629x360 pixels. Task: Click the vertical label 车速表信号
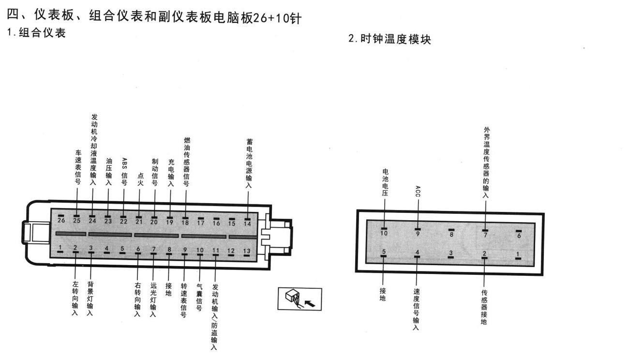point(78,167)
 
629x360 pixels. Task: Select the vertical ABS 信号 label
point(124,172)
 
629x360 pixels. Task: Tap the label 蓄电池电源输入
point(249,163)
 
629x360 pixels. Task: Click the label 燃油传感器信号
point(186,162)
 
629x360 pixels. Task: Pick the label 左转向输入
point(75,298)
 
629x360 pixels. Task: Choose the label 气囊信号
point(199,297)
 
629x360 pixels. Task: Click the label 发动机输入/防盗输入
point(215,317)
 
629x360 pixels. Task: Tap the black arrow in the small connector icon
point(310,303)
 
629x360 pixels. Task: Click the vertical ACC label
point(418,191)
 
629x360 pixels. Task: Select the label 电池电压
point(385,182)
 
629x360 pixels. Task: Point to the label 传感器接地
point(484,307)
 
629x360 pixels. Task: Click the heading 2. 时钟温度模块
point(390,39)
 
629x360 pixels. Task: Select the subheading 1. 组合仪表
point(36,32)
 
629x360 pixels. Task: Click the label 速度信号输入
point(416,309)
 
